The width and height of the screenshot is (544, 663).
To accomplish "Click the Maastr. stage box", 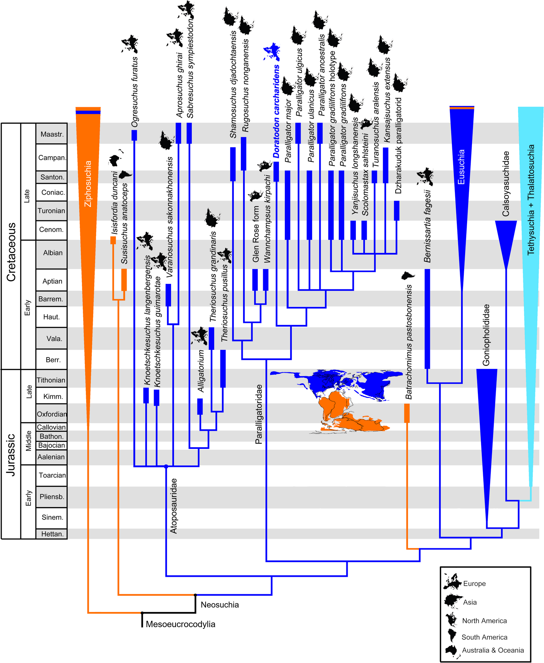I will [x=52, y=134].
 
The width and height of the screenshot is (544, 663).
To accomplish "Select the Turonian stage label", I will [x=51, y=211].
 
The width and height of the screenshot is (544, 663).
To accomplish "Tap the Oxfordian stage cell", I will [x=52, y=414].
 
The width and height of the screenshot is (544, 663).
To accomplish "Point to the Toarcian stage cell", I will [x=52, y=475].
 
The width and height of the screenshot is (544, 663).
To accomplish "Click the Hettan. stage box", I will [x=52, y=534].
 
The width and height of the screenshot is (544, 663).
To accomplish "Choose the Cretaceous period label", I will [x=11, y=252].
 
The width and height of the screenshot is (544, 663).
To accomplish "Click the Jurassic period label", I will [x=11, y=455].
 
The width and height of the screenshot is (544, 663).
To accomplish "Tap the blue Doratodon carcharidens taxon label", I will [x=276, y=111].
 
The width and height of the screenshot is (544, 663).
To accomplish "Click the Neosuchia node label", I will [x=220, y=604].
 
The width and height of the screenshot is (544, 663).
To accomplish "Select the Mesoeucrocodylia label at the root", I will [x=181, y=624].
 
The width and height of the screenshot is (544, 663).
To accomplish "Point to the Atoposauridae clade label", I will [x=173, y=506].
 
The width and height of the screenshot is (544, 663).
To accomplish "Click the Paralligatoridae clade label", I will [x=259, y=414].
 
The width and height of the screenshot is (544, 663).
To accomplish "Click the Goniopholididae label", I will [x=486, y=335].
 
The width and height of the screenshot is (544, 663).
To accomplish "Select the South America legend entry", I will [x=484, y=637].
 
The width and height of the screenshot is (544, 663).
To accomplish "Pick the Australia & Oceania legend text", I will [x=493, y=650].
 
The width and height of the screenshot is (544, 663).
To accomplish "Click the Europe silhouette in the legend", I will [x=452, y=581].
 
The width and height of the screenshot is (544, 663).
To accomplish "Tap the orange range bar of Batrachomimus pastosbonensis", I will [x=407, y=413].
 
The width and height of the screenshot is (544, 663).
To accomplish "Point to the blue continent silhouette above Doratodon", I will [x=272, y=52].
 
